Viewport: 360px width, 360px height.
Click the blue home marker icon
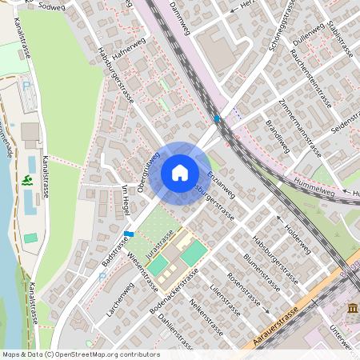[180, 173]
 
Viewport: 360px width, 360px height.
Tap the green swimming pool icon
[29, 181]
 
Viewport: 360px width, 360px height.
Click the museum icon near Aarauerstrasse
[352, 309]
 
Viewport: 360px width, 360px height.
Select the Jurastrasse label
[160, 239]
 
